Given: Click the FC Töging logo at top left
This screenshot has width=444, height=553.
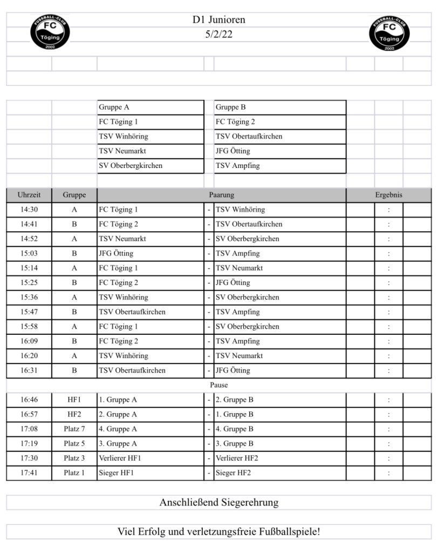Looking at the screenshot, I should [x=50, y=32].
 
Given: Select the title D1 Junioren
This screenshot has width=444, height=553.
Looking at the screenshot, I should [x=218, y=20].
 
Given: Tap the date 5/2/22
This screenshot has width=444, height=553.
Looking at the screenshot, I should [x=218, y=34].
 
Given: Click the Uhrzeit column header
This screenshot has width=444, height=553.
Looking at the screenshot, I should [x=29, y=195].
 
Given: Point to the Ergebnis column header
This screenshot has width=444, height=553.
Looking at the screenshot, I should [x=388, y=195].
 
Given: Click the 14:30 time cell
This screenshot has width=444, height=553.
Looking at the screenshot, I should [x=29, y=210].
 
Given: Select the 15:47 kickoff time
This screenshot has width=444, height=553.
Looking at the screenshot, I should [x=29, y=312].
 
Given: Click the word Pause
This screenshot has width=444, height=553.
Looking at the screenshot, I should [x=218, y=385].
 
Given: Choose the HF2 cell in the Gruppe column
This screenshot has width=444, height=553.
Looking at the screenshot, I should [x=74, y=415].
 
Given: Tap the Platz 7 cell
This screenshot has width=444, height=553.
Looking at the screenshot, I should [x=74, y=429].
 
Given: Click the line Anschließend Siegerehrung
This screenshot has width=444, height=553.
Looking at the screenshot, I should [x=218, y=502].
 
